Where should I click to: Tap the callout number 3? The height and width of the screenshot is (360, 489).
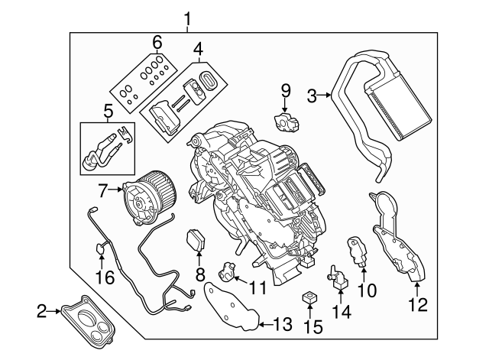pos(312,95)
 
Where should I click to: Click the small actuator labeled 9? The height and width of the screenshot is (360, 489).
pos(287,121)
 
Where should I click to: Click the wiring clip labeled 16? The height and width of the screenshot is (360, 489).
pos(100,247)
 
